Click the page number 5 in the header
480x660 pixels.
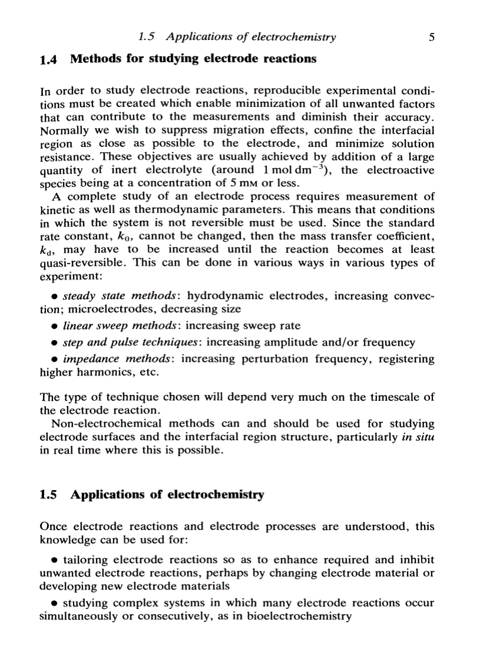coord(432,37)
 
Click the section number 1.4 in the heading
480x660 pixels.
coord(49,59)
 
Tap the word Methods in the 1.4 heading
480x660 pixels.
coord(93,59)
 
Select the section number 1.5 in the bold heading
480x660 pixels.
coord(49,495)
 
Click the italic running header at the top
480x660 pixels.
coord(237,37)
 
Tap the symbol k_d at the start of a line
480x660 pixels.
coord(46,250)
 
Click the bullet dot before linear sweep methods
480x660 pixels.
coord(54,326)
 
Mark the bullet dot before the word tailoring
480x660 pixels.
coord(54,561)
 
